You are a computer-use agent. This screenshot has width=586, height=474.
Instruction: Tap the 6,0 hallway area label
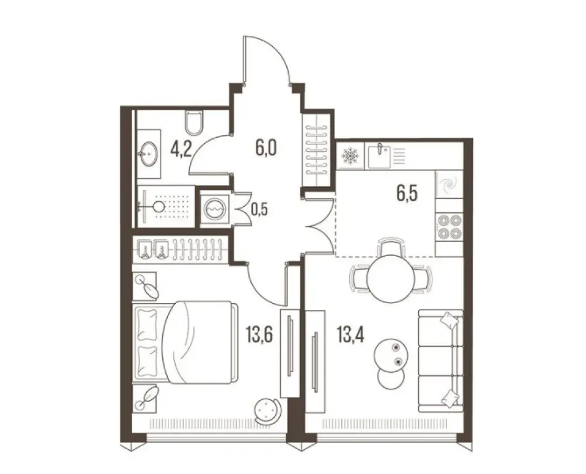point(266,148)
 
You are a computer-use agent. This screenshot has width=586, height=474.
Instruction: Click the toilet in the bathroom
point(194,122)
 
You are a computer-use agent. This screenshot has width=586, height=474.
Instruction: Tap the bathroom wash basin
point(148,151)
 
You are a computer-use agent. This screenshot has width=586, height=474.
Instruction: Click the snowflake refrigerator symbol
point(350,156)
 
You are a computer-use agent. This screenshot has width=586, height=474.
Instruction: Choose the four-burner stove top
point(449,227)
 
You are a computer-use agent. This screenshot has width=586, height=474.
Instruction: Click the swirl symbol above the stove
point(448,185)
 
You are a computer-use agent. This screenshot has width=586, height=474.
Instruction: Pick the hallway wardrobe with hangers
point(318,149)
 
